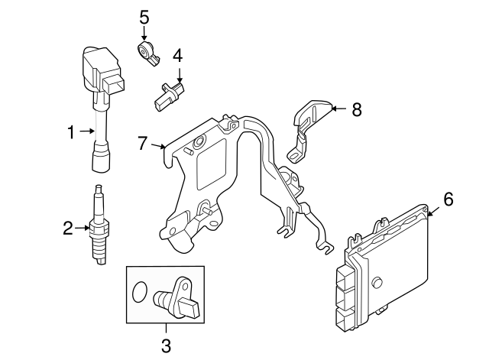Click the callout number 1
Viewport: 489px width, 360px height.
click(71, 132)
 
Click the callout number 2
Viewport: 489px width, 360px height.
click(68, 226)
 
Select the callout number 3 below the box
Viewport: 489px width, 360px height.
click(166, 345)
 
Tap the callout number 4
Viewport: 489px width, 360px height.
click(177, 55)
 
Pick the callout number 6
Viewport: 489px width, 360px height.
click(448, 199)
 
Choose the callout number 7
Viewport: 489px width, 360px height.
click(142, 142)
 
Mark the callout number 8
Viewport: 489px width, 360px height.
click(356, 109)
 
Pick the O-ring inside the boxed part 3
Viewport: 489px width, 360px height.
click(138, 292)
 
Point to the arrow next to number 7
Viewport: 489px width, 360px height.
click(159, 144)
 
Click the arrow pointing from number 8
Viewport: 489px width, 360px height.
click(338, 109)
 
